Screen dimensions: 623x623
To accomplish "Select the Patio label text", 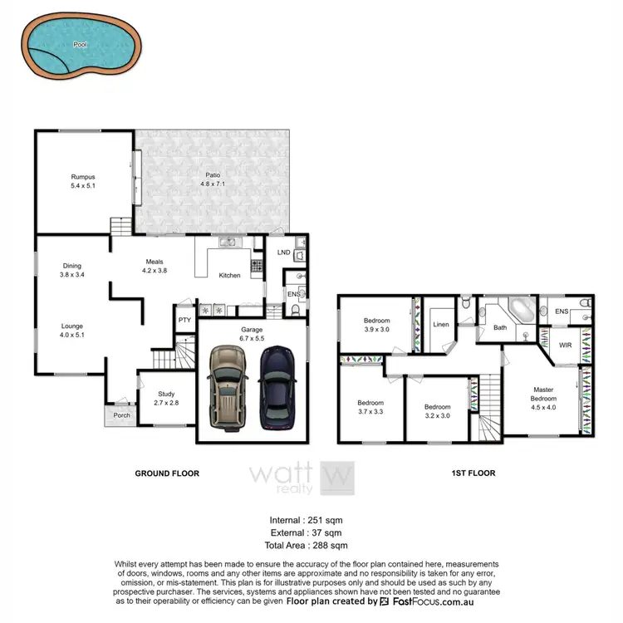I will pos(214,179).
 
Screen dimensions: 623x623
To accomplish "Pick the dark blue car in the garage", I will pos(276,387).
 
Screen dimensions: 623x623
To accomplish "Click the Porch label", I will pos(122,415).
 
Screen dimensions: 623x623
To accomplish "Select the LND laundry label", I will pos(282,253).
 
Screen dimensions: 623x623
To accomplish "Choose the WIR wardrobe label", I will pos(565,345).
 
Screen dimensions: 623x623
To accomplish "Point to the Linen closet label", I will pos(442,324).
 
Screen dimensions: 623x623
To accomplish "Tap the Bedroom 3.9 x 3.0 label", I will pos(376,325).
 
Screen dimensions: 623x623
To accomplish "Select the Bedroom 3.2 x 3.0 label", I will pos(437,410).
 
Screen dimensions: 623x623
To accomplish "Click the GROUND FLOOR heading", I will pos(167,473).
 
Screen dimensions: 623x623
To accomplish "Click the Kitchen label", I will pos(230,275).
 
